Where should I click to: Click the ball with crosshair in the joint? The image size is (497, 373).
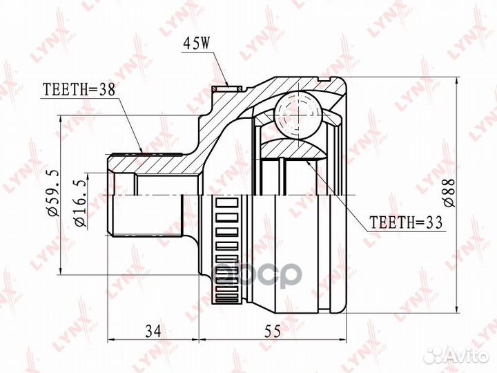click(298, 115)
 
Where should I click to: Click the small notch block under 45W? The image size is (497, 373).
click(227, 88)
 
